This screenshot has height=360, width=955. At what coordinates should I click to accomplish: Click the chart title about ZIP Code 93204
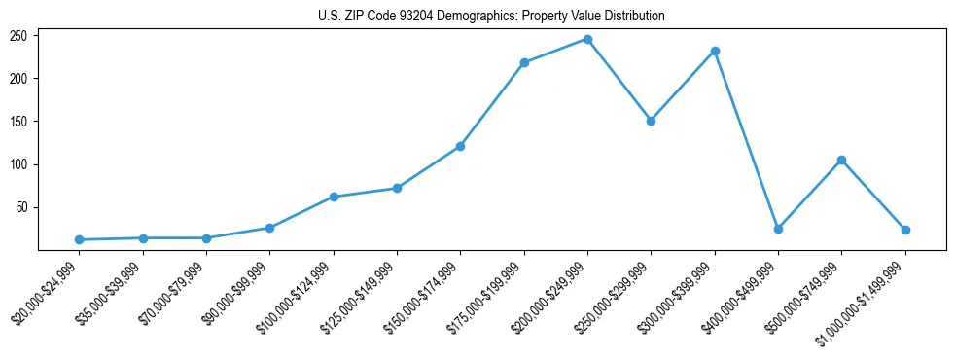(491, 16)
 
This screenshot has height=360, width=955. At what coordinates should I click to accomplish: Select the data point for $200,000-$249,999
(587, 39)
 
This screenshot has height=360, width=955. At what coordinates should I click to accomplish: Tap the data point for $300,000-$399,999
(715, 51)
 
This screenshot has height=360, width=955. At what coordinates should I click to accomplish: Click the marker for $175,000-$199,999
(524, 62)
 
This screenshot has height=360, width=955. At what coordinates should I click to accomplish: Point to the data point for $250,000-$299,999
(651, 121)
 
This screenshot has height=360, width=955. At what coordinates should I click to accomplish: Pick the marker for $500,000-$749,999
(841, 160)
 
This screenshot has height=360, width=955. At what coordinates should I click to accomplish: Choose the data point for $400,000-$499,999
(778, 229)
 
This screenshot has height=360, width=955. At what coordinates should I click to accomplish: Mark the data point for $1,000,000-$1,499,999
(905, 230)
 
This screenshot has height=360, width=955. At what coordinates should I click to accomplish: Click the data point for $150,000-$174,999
(460, 146)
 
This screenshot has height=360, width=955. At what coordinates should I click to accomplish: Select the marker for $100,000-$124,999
(334, 197)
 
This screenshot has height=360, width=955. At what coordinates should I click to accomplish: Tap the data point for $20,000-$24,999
(79, 239)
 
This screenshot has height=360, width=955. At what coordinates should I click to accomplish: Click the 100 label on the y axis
(20, 164)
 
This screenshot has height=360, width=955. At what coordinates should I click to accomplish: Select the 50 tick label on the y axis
(23, 207)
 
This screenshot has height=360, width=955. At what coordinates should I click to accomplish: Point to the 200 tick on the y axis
(20, 78)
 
